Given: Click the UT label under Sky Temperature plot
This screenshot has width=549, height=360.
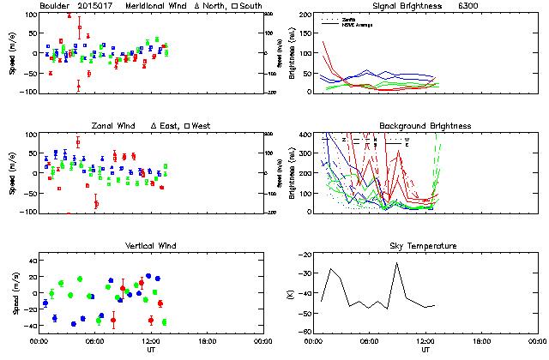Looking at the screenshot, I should pos(426,350).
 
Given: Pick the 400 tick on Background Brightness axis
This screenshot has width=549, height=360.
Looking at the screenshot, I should pos(305,135).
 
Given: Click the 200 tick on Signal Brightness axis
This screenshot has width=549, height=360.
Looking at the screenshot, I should pos(305,15).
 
